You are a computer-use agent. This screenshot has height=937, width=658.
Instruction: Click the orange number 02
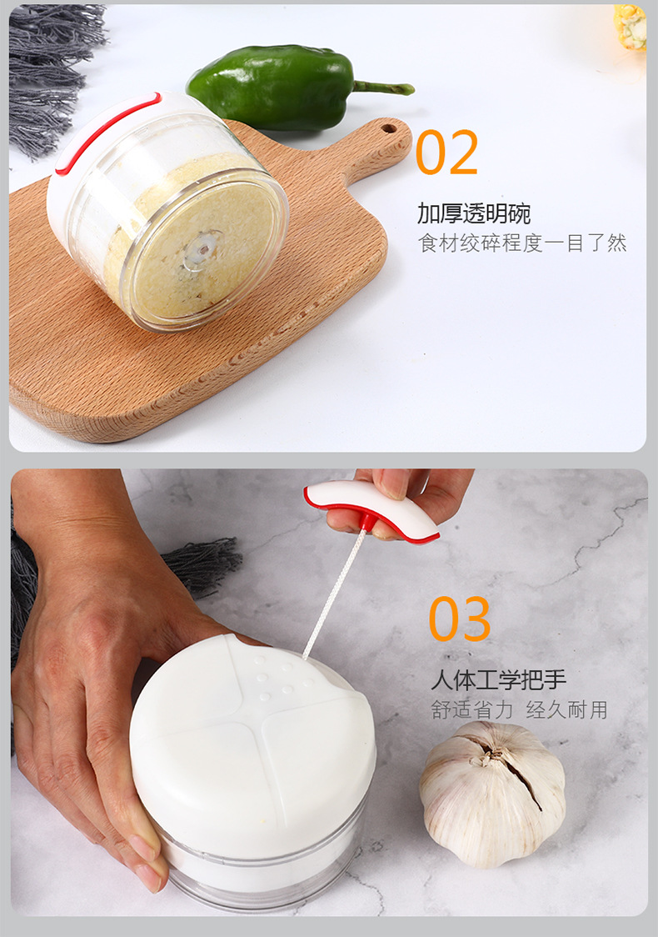coord(446,152)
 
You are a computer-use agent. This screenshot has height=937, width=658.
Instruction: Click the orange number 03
coord(460,619)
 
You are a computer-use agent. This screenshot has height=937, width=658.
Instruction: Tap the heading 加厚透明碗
coord(474,213)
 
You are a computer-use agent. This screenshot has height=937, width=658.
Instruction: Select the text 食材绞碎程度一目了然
coord(522,243)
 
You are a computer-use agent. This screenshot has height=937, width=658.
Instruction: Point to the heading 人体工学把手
coord(498,680)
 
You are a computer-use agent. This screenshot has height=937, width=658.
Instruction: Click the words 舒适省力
coord(467,710)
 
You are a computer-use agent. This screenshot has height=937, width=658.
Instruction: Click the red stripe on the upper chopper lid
coord(104,133)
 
